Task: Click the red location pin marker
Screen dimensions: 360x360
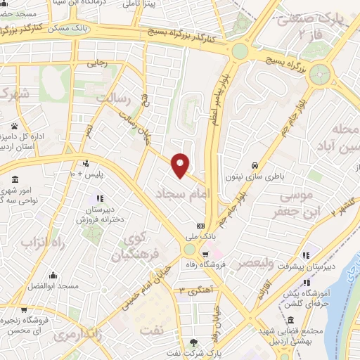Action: coord(181,165)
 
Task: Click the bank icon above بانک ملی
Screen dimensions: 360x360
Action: coord(201,226)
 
